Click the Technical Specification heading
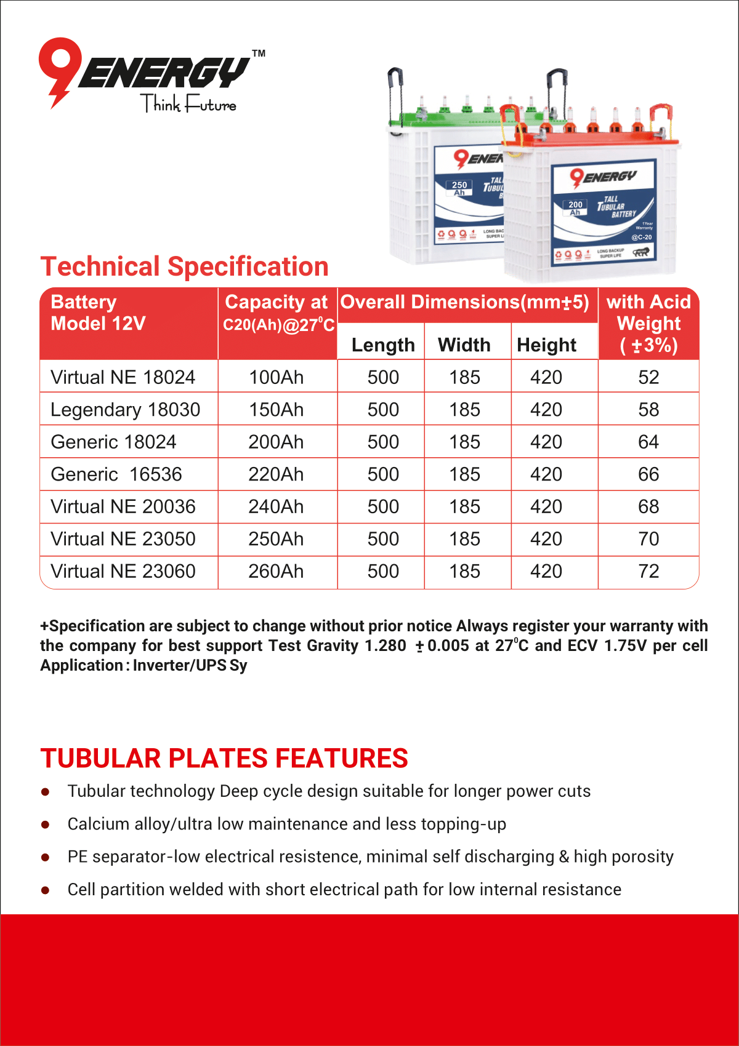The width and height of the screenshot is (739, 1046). [x=184, y=266]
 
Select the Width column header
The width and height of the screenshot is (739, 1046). [x=464, y=345]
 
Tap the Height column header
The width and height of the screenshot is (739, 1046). [x=546, y=345]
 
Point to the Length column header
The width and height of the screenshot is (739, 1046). [x=383, y=345]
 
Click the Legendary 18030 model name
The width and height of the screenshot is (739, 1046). [x=126, y=410]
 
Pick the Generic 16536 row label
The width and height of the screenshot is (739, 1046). [x=116, y=474]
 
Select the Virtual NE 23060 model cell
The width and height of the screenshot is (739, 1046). [x=123, y=572]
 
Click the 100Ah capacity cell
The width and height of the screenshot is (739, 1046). [x=276, y=377]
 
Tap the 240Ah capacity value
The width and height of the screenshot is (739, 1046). [x=276, y=507]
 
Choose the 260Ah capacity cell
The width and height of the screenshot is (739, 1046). [x=276, y=572]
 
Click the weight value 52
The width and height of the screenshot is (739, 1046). [x=648, y=377]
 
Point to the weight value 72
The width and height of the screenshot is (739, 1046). [x=648, y=572]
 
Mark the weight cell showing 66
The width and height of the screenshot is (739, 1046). [x=648, y=474]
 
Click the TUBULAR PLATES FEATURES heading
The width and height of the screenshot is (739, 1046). [x=224, y=758]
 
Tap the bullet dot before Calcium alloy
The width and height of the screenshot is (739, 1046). [x=45, y=825]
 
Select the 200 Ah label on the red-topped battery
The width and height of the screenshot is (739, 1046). [x=575, y=208]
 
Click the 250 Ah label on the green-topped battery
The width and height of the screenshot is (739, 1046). [x=459, y=188]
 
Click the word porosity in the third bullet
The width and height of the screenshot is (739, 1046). [x=643, y=857]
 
